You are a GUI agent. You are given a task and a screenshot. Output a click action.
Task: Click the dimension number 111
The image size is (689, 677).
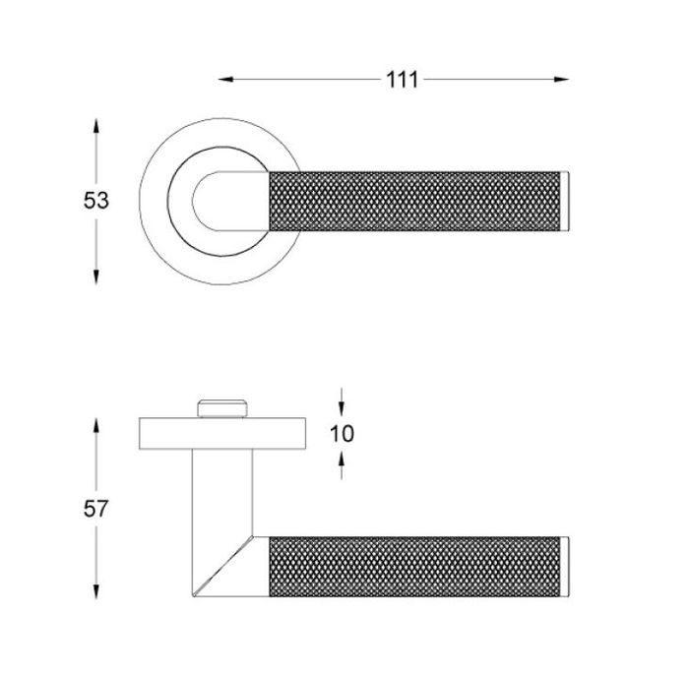[x=402, y=80]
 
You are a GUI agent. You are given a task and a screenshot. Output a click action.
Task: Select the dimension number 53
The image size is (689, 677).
[x=95, y=201]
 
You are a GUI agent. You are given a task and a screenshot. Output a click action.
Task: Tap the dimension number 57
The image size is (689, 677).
[x=95, y=509]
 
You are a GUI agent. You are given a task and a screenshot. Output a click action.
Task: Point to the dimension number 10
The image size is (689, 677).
[x=342, y=434]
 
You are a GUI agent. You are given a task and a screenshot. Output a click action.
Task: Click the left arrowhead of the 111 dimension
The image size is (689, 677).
[x=225, y=80]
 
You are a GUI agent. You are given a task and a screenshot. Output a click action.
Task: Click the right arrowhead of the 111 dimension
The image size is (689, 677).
[x=562, y=80]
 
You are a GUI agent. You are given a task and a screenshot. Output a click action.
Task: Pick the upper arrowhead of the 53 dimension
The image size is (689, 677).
[x=95, y=126]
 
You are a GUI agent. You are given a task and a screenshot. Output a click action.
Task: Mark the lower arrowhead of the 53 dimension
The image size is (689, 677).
[x=95, y=277]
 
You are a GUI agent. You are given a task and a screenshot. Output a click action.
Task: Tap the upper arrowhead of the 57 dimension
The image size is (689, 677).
[x=95, y=426]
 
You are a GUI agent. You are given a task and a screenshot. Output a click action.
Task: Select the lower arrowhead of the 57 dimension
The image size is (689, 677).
[x=95, y=591]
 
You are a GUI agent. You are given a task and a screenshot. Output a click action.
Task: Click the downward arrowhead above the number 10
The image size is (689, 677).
[x=342, y=408]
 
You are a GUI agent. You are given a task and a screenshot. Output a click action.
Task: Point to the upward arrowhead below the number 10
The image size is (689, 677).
[x=342, y=460]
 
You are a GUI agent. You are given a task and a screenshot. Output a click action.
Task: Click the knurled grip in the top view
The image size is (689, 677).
[x=414, y=201]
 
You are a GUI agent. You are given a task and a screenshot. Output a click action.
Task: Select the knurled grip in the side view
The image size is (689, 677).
[x=414, y=567]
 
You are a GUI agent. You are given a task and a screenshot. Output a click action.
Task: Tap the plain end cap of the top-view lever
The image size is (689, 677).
[x=565, y=201]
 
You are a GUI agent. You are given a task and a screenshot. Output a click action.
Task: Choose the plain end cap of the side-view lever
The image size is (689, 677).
[x=565, y=567]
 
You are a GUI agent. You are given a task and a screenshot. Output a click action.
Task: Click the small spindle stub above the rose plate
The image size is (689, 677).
[x=222, y=408]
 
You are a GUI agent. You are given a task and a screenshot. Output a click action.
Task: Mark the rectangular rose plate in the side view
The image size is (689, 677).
[x=222, y=434]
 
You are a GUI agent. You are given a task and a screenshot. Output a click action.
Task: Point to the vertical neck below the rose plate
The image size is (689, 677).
[x=222, y=493]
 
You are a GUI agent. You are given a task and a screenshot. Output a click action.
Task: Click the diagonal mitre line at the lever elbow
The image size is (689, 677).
[x=223, y=566]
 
